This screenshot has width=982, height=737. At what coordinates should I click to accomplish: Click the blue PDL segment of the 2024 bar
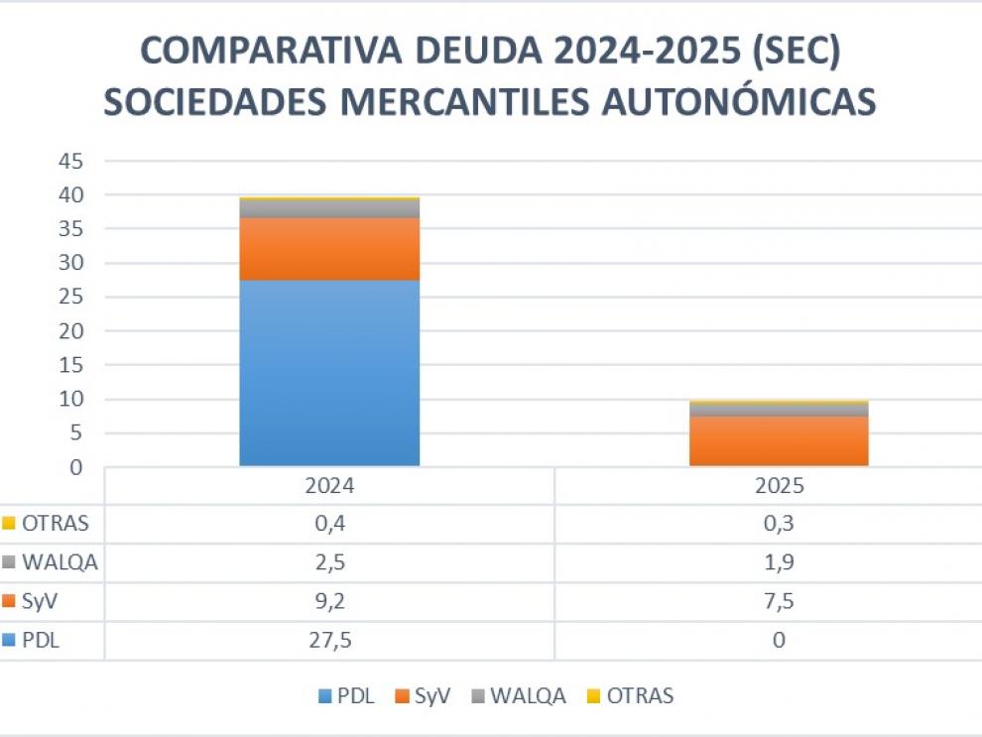329,372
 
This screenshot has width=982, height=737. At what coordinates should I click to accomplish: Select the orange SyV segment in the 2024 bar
329,249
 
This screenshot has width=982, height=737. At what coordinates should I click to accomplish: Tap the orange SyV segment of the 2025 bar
779,440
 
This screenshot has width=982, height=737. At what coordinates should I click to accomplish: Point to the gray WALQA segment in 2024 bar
329,208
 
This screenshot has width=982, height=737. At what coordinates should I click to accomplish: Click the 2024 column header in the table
329,487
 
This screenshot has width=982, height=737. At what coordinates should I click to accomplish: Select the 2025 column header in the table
779,487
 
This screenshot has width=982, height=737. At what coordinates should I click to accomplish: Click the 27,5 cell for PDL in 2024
329,641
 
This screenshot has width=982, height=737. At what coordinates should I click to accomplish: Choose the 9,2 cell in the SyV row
329,602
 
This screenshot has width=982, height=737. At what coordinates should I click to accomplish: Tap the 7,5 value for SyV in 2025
779,602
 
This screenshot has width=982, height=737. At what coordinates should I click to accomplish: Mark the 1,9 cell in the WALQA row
779,563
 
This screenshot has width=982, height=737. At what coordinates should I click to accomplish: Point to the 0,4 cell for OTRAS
329,524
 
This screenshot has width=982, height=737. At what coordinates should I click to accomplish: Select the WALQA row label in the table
60,563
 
